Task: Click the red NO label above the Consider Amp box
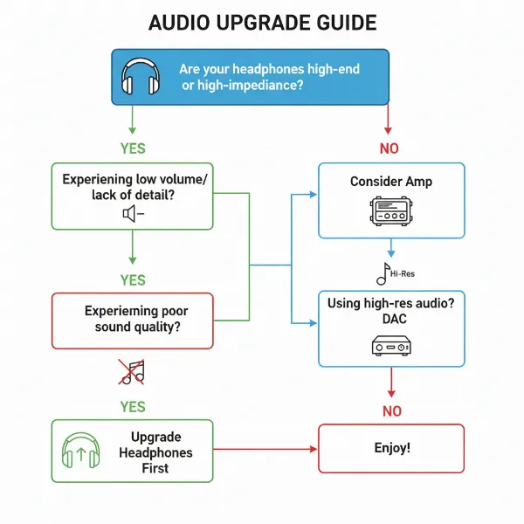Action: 389,148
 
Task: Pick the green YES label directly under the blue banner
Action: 132,148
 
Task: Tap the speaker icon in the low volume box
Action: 132,213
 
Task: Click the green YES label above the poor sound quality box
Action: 132,279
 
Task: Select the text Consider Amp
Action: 390,182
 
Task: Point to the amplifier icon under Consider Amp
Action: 390,211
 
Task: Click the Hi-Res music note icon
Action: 384,273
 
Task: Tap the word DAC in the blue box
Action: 390,320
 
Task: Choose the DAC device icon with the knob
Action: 390,347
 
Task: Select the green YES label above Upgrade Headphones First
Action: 132,407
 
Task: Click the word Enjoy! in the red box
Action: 390,448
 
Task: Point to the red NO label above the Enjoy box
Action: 390,410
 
